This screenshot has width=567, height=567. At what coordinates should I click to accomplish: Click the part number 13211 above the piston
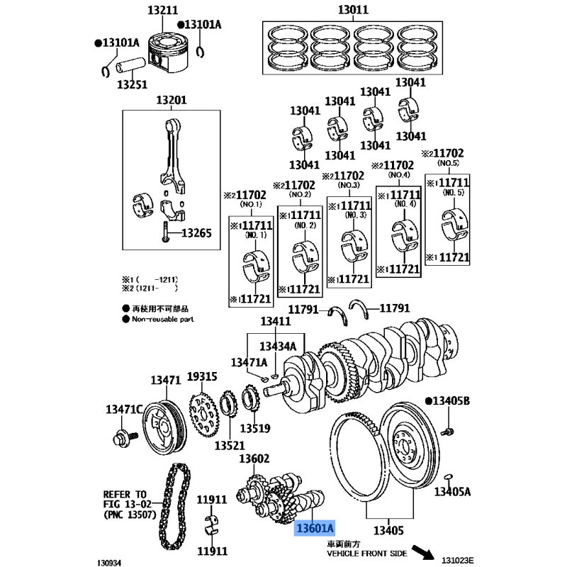point(163,11)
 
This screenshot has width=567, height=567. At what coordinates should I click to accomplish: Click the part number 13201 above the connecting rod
point(171,100)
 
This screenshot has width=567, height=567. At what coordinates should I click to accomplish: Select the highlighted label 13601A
point(315,528)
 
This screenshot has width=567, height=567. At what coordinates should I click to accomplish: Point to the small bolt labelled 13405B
point(447,430)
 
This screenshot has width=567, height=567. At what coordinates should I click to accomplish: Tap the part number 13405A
point(452,491)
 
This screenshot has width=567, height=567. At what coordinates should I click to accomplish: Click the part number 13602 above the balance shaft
point(254,459)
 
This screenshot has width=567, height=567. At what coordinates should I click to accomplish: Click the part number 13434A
point(278,347)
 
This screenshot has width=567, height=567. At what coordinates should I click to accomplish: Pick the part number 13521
point(229,446)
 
